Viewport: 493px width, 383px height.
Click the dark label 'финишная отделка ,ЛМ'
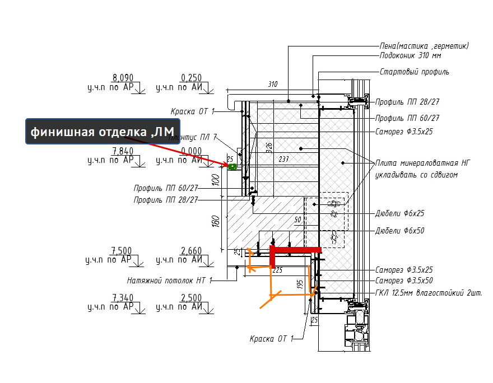click(103, 132)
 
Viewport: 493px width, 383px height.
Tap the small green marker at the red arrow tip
click(231, 166)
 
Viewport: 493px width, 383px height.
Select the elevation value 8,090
click(123, 78)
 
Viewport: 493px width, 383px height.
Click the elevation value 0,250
click(191, 78)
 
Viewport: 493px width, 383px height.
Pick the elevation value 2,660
click(191, 250)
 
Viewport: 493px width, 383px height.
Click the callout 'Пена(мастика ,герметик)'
click(424, 46)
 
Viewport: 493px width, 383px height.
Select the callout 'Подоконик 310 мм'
click(410, 56)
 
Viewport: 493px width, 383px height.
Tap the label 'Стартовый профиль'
click(414, 72)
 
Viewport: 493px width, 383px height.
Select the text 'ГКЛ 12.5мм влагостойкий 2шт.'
click(429, 292)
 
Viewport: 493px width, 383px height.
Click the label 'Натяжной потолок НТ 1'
click(170, 280)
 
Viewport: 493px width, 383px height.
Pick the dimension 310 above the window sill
click(272, 85)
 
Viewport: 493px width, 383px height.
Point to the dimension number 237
click(284, 159)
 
